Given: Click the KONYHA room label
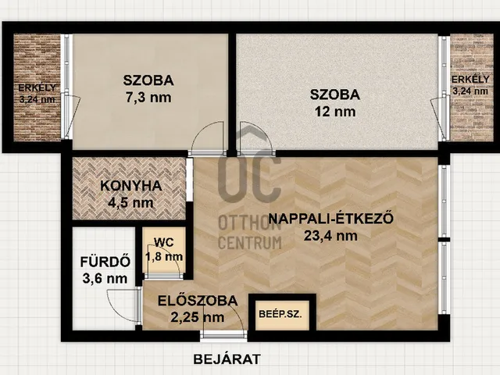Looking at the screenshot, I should click(x=130, y=186).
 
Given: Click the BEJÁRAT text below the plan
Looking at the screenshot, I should click(x=227, y=359).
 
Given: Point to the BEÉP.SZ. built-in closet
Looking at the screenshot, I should click(x=281, y=316).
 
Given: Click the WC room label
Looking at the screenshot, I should click(x=164, y=242).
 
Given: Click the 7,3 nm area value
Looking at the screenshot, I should click(x=148, y=98).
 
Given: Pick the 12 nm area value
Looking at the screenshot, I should click(x=334, y=112).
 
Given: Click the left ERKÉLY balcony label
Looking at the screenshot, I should click(x=37, y=87).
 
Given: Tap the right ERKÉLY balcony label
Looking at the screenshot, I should click(x=471, y=79).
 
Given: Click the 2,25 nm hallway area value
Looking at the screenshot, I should click(x=191, y=317).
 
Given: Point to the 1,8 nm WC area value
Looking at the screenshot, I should click(x=164, y=255).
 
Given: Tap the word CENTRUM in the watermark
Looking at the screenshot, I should click(x=250, y=242).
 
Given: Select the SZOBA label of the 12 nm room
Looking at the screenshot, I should click(x=334, y=95).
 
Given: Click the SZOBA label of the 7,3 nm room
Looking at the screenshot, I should click(x=148, y=80).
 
